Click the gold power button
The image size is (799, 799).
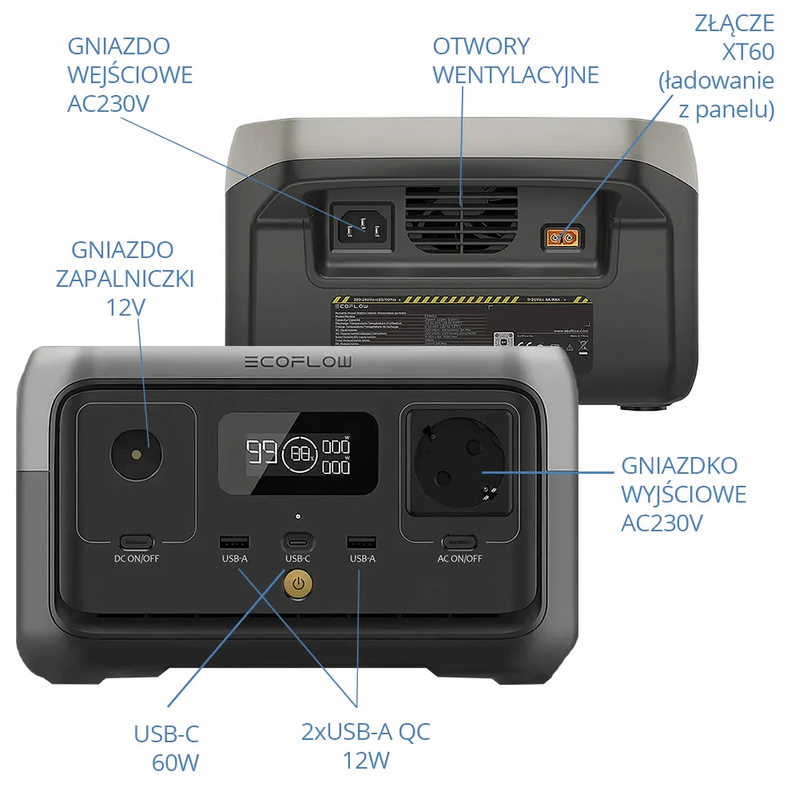point(298,584)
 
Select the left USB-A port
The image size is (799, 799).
point(234,543)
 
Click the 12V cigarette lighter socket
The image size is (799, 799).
point(136,455)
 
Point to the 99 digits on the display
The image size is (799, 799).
point(261,453)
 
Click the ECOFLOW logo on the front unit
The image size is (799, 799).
point(297,363)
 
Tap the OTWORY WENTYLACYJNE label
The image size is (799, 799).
point(515,61)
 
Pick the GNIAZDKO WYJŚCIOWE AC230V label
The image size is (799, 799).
point(683,494)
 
